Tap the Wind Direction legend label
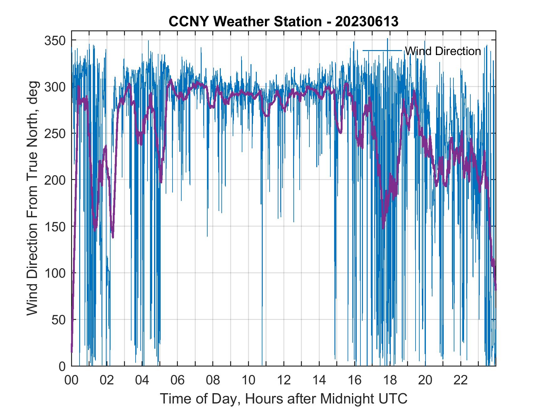coord(443,51)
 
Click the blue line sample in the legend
coord(382,50)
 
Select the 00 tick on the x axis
coord(71,381)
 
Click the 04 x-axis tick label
coord(142,381)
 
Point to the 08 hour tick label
coord(213,381)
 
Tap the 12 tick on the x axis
coord(284,381)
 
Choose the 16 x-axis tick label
coord(355,381)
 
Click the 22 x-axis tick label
coord(461,381)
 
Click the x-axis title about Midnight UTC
coord(284,398)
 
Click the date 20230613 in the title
coord(367,22)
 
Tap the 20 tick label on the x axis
coord(426,381)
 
